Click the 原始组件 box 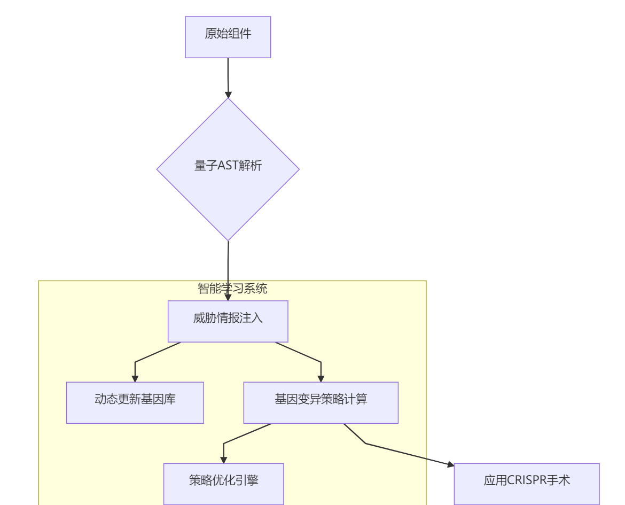[228, 37]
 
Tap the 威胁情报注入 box [228, 321]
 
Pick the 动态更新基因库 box [135, 402]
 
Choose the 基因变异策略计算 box [321, 402]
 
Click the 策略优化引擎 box [224, 484]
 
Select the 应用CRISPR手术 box [527, 484]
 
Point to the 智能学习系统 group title [232, 289]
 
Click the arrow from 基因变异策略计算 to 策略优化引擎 [235, 438]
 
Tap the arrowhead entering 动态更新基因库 [135, 379]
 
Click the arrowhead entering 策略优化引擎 [224, 460]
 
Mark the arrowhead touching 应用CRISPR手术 [450, 465]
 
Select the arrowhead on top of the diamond [228, 95]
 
